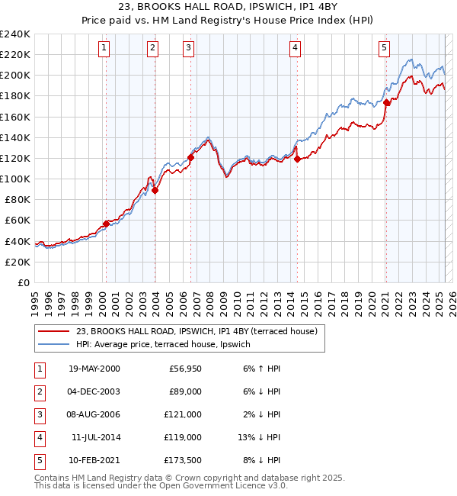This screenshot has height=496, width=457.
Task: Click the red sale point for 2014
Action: click(297, 159)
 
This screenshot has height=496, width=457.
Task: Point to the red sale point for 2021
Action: click(386, 102)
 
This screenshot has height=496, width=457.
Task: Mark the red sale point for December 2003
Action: click(155, 191)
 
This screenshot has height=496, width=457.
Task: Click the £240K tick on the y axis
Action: click(17, 34)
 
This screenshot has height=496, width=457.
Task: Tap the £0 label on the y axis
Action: click(23, 282)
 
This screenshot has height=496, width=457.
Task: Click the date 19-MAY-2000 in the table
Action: click(94, 369)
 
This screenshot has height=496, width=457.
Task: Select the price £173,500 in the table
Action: click(183, 460)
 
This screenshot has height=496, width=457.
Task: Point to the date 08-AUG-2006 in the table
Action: click(94, 414)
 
